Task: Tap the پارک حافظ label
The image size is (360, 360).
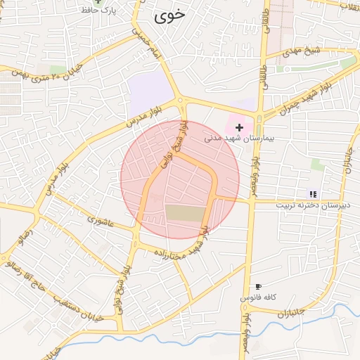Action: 100,11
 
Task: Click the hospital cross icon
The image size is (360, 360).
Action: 240,127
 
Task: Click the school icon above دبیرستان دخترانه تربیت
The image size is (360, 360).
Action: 313,194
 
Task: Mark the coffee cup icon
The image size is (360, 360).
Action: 258,287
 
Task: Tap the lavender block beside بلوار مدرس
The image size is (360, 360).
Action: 150,92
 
